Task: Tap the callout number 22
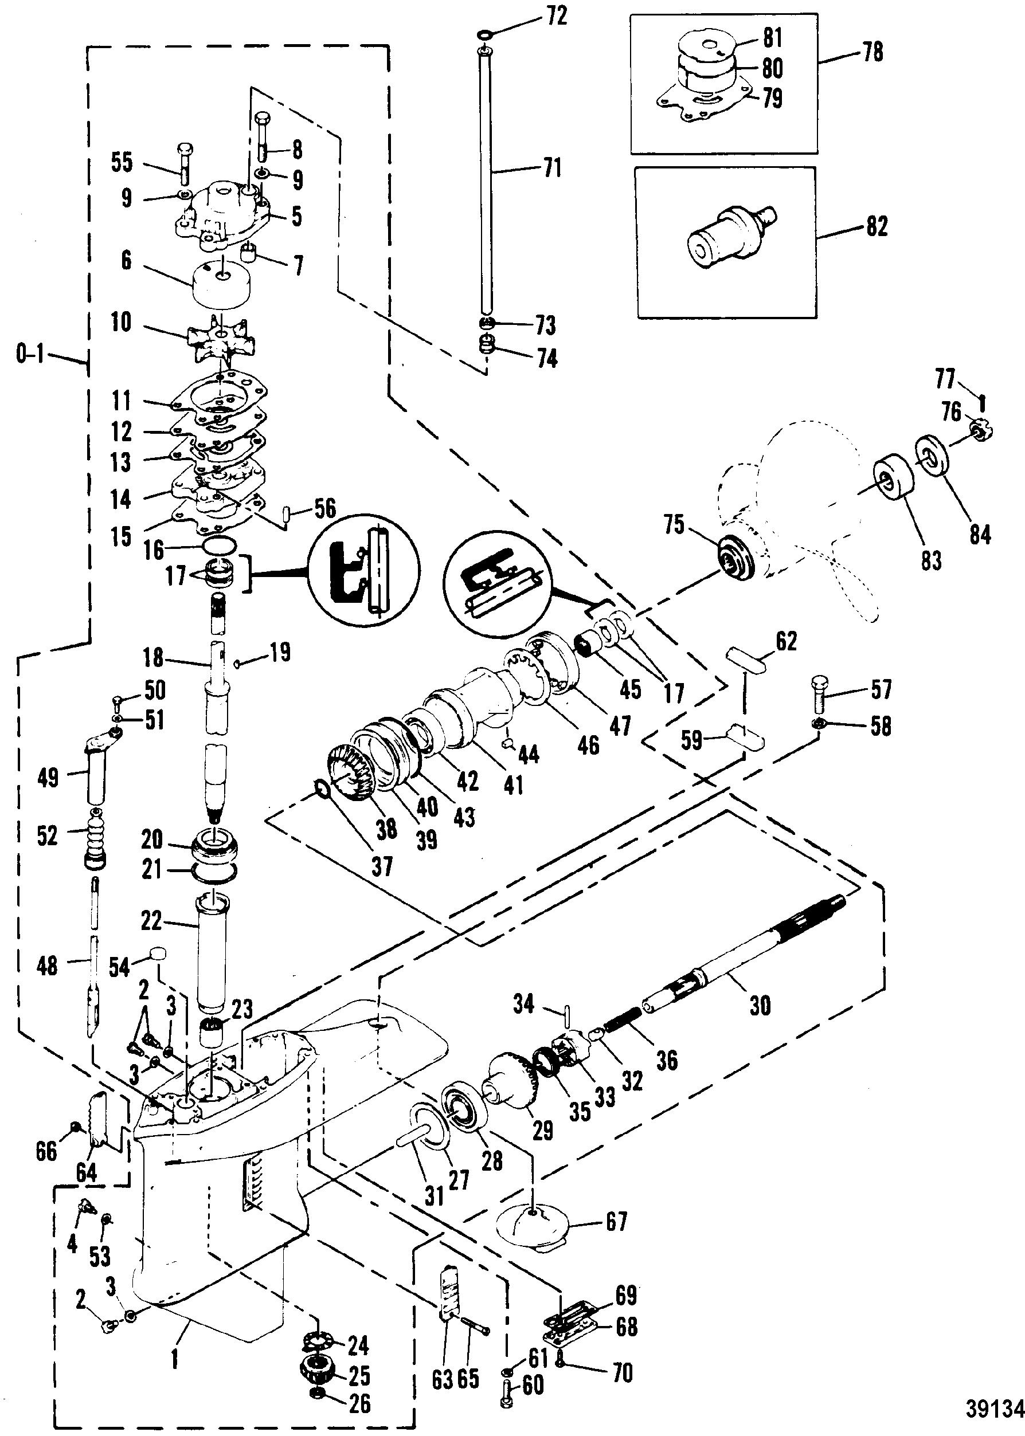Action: coord(151,923)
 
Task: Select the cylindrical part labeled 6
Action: coord(220,286)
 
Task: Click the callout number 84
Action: coord(980,535)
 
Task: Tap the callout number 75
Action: coord(674,524)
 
